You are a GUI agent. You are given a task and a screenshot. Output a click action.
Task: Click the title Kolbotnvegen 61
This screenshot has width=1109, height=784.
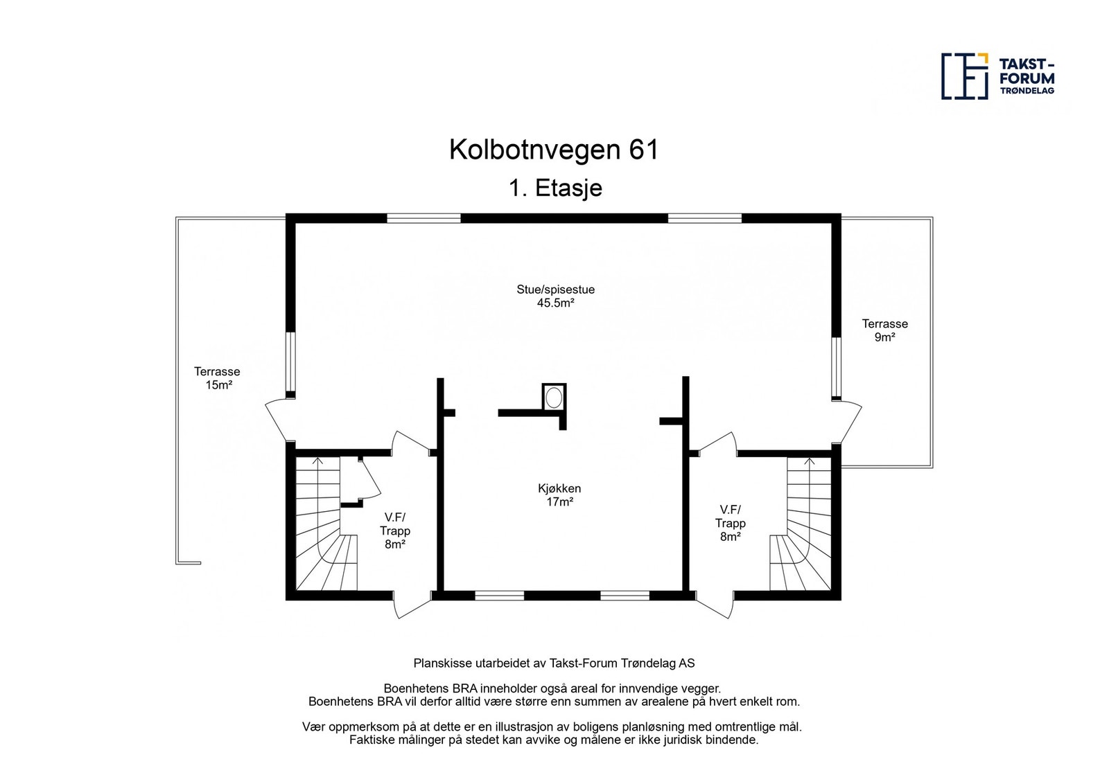(553, 150)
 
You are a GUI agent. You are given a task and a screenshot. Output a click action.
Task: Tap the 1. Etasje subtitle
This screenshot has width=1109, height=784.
(555, 188)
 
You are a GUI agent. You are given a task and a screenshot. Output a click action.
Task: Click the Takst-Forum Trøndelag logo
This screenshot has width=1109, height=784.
(998, 76)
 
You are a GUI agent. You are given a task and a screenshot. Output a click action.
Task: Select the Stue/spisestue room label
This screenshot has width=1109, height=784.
(555, 289)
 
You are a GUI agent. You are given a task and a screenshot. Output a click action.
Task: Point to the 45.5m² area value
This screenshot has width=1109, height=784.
(555, 303)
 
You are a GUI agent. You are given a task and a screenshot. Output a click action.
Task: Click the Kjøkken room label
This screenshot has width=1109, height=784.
(559, 488)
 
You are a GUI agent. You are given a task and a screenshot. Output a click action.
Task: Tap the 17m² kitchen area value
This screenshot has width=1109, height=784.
(559, 502)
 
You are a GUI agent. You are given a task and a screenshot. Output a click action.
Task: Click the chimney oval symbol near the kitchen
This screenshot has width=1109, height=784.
(554, 398)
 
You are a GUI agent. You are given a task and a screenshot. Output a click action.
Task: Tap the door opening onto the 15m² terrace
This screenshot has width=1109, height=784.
(277, 420)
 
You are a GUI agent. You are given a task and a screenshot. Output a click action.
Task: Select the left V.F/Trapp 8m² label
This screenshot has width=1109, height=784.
(394, 531)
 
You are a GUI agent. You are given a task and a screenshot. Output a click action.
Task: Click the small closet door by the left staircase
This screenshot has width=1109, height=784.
(370, 478)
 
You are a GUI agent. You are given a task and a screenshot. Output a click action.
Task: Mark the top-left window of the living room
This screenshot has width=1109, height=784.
(423, 218)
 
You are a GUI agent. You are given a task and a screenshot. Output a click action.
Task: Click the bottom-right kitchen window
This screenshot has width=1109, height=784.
(625, 595)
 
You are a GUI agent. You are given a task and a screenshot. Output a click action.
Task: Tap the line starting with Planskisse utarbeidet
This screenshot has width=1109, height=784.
(554, 663)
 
